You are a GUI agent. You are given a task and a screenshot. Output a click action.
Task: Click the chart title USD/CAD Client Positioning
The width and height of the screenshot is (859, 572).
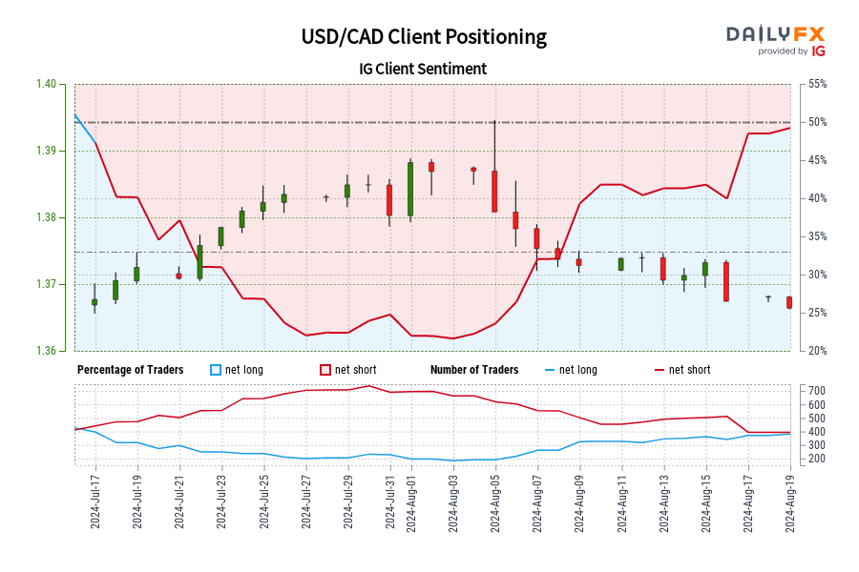424,37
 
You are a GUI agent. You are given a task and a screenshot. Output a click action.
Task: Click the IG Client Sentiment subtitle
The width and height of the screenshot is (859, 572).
424,69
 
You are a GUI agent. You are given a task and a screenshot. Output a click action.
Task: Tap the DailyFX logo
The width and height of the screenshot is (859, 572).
775,39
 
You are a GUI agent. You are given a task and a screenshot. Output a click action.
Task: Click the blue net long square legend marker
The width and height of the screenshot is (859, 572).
216,370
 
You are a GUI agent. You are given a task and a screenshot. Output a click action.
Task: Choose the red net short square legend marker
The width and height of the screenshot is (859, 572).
325,370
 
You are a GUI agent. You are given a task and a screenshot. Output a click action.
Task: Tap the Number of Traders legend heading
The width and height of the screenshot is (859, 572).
474,370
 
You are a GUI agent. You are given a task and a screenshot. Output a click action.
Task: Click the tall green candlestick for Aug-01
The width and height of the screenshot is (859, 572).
410,189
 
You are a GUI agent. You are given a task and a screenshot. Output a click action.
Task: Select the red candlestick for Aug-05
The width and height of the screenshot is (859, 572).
494,191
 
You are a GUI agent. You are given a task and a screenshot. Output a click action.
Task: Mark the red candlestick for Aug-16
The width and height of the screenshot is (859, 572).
726,281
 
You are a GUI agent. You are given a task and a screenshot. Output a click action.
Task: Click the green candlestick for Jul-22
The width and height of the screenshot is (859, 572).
199,262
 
